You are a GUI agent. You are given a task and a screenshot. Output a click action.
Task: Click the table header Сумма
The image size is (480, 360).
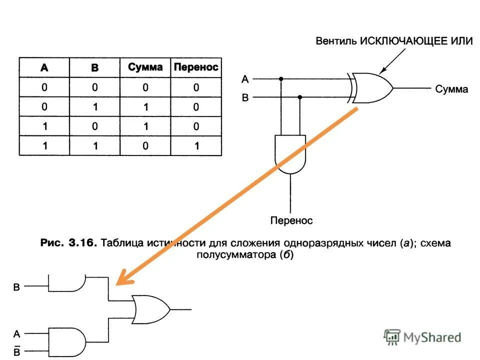click(145, 67)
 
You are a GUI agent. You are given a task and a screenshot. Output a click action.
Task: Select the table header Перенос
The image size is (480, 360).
click(196, 67)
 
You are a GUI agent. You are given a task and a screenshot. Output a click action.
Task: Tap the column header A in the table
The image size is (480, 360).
click(44, 68)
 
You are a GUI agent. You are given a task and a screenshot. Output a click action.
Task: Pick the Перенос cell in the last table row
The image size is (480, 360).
click(196, 146)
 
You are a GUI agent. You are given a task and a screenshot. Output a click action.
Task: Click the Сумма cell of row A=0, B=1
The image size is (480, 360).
click(145, 106)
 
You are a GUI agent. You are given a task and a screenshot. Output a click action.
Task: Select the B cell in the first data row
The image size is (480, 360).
click(95, 87)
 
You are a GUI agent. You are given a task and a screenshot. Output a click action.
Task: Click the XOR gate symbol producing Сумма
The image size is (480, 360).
click(371, 88)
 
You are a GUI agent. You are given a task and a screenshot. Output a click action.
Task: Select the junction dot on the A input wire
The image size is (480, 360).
click(281, 79)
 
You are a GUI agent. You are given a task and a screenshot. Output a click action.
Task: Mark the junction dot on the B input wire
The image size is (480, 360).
click(300, 97)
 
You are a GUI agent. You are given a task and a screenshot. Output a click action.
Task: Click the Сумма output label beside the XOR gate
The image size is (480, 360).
click(451, 89)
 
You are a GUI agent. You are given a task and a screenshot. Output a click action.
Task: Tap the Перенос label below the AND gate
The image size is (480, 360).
click(291, 220)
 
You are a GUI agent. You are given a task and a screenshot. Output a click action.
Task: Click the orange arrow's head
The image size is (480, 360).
click(121, 280)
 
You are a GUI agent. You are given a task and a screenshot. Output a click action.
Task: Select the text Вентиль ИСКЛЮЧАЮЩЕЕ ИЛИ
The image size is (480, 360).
click(393, 41)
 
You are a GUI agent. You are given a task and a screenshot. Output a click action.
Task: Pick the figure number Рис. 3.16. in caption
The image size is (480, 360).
click(68, 243)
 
